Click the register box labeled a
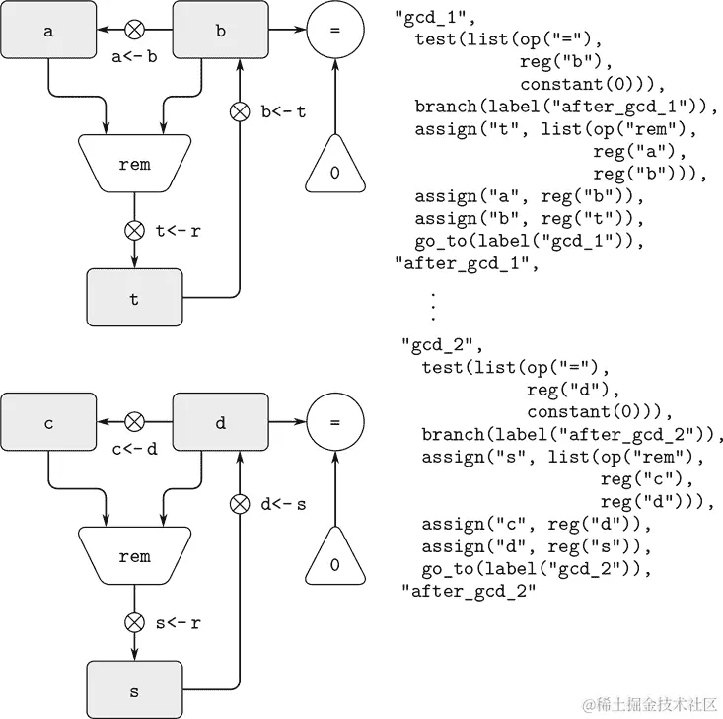pos(48,30)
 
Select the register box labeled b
pos(220,30)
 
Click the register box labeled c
pos(48,423)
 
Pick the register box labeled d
pos(220,423)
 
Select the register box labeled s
pos(134,691)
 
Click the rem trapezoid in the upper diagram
pos(134,165)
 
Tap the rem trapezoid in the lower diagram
pos(134,557)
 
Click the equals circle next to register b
pos(335,30)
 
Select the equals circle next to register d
pos(335,423)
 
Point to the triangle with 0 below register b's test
pos(335,169)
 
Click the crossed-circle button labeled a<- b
pos(134,30)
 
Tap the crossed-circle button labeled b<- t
pos(239,110)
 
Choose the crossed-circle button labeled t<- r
pos(134,231)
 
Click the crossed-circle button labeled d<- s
pos(239,504)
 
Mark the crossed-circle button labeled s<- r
pos(134,623)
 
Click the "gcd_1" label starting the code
pos(421,18)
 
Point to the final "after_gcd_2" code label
pos(469,590)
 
